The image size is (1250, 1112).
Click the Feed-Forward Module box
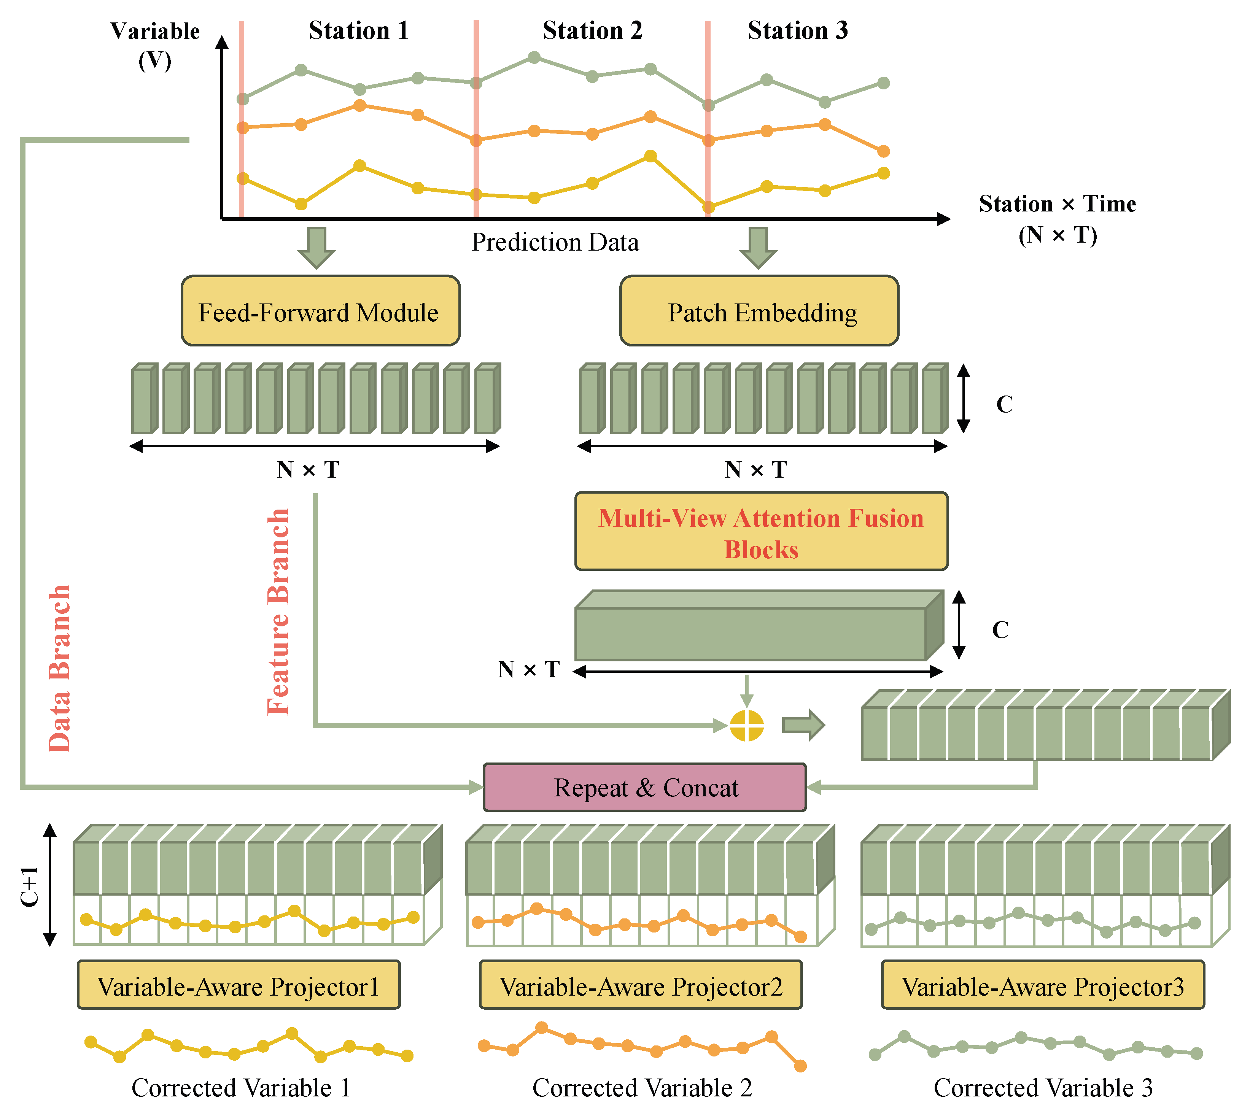pos(320,311)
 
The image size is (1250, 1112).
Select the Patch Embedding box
pos(759,311)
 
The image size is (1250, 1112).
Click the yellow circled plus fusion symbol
pos(747,726)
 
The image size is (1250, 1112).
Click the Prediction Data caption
pos(555,243)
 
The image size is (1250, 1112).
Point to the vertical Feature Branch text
pos(278,611)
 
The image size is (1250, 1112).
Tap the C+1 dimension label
pos(29,886)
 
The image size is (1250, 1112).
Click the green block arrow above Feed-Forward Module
pos(316,248)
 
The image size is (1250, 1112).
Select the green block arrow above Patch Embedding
pos(758,248)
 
